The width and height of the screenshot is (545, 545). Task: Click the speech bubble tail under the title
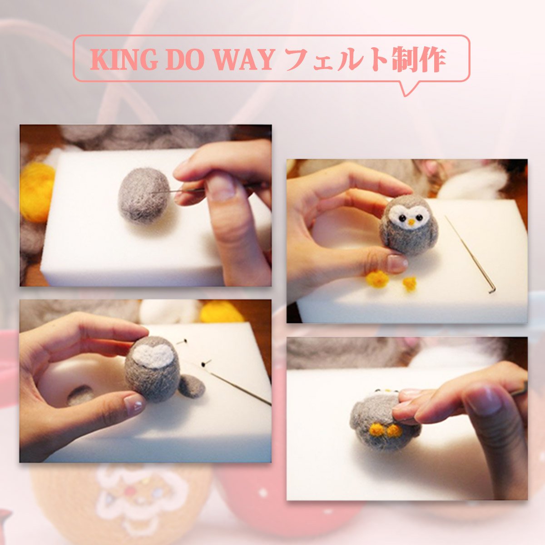(x=409, y=88)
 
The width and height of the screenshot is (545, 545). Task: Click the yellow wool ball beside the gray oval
(x=37, y=192)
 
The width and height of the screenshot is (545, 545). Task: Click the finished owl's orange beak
(x=411, y=222)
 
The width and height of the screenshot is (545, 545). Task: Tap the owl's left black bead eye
(x=401, y=218)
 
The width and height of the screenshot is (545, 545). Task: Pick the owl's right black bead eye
(x=419, y=217)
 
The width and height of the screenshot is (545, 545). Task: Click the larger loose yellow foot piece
(x=377, y=279)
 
